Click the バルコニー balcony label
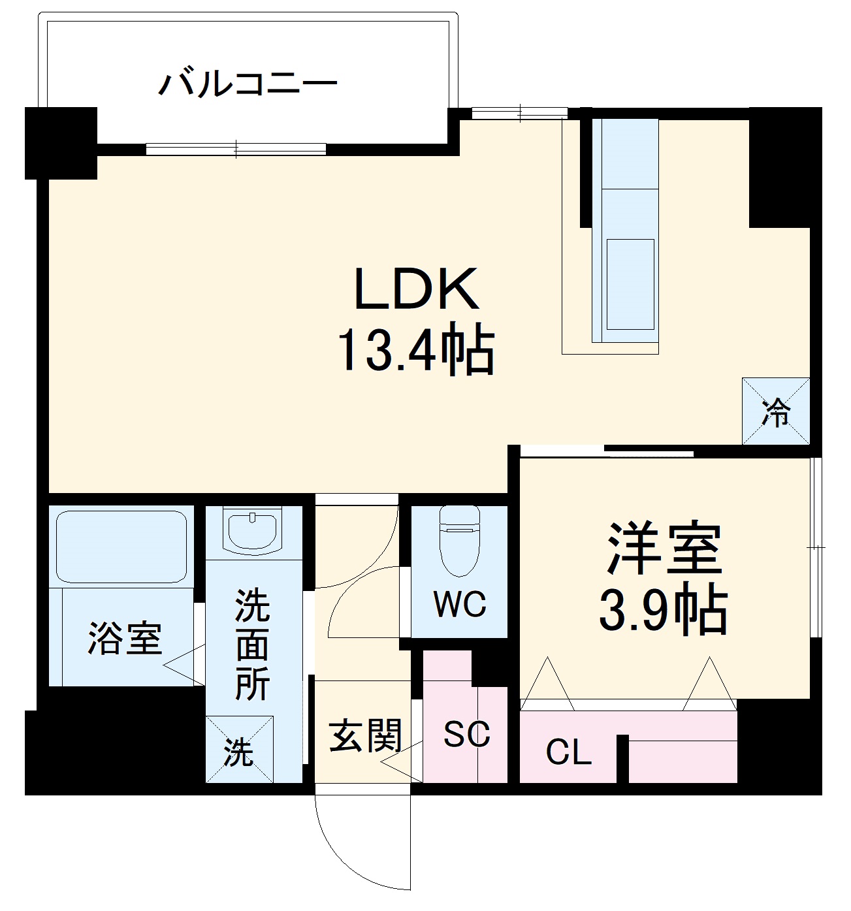coord(248,85)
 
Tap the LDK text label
coord(416,289)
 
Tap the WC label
coord(460,605)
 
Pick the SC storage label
coord(466,735)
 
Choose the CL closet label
coord(568,752)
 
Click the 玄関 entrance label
coord(364,736)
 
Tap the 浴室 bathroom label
coord(125,638)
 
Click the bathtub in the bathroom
coord(121,546)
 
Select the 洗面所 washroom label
coord(252,645)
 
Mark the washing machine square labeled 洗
coord(239,749)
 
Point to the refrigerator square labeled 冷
coord(776,411)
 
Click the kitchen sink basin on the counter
coord(630,284)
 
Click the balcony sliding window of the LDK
coord(236,149)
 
